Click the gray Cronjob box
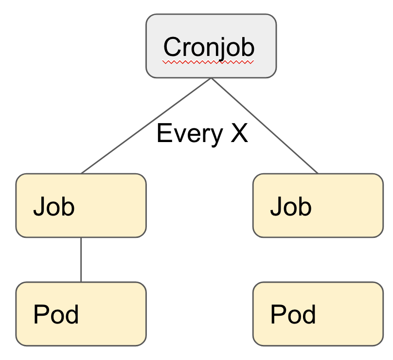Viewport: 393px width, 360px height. click(x=211, y=46)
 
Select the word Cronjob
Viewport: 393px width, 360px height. click(x=209, y=47)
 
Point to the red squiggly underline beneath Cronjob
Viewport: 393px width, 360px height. click(x=208, y=62)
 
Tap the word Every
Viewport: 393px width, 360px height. click(x=190, y=134)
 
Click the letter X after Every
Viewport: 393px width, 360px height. click(x=239, y=133)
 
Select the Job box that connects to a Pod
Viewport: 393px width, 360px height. click(x=81, y=205)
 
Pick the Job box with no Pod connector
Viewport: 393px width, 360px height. click(x=318, y=205)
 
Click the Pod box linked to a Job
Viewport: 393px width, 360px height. click(x=81, y=314)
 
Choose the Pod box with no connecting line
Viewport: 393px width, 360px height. click(x=318, y=314)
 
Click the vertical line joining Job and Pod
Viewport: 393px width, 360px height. click(x=81, y=259)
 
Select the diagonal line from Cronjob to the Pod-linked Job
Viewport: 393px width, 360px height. click(x=146, y=126)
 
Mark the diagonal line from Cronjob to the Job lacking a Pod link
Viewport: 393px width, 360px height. click(x=265, y=126)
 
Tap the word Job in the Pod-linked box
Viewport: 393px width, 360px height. click(x=54, y=206)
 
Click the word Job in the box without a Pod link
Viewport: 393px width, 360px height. click(x=291, y=206)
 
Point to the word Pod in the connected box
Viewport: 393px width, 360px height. click(x=56, y=314)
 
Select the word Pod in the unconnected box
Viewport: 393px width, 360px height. click(x=293, y=314)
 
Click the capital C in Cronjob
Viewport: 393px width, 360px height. click(x=173, y=47)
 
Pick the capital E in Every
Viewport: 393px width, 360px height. click(x=164, y=133)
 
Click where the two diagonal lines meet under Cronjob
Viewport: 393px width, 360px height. click(x=211, y=78)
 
